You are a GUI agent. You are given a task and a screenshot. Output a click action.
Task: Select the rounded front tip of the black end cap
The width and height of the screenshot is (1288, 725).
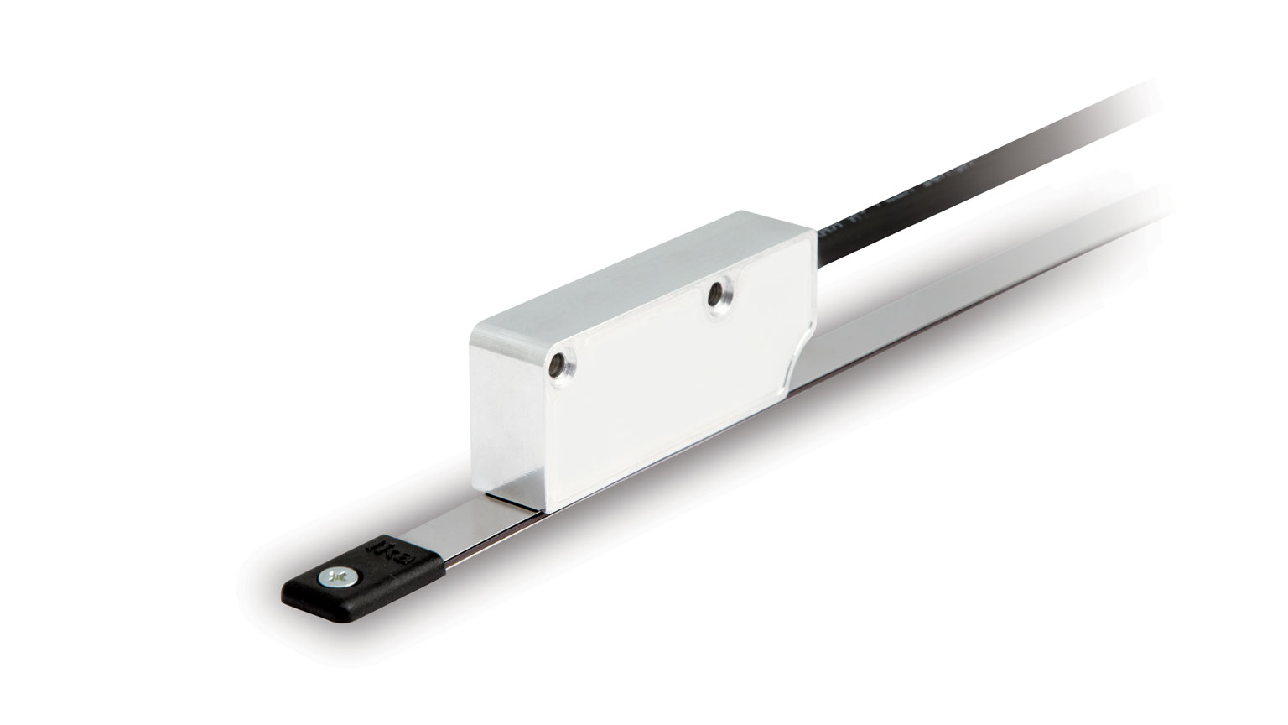coord(293,604)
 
